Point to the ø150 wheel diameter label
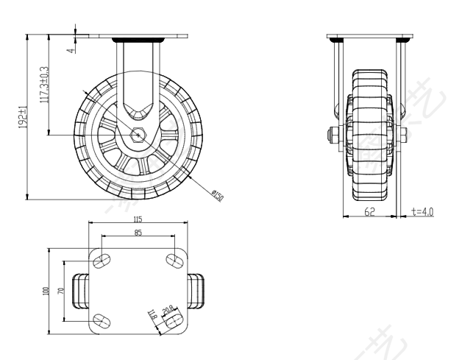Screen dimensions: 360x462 (x=217, y=196)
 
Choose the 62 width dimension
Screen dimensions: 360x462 (x=369, y=211)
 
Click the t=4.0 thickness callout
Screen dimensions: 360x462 (x=422, y=211)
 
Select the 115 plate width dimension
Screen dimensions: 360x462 (x=138, y=219)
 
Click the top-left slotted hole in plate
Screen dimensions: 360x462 (x=102, y=260)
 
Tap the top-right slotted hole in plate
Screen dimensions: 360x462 (x=174, y=260)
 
